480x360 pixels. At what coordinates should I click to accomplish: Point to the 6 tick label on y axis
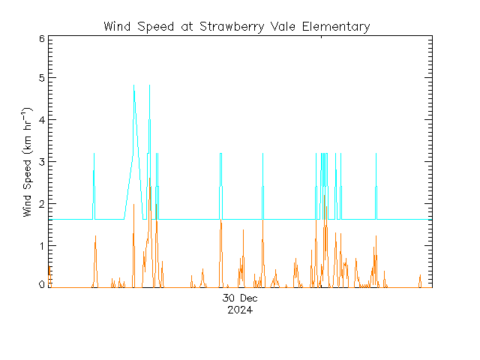[x=41, y=37]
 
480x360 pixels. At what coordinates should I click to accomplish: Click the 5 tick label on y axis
[x=41, y=78]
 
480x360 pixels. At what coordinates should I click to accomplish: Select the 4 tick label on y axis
[x=41, y=120]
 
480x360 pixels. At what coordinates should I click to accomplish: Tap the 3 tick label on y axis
[x=41, y=162]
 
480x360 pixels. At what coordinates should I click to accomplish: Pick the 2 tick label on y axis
[x=41, y=204]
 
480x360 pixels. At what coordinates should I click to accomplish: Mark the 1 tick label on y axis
[x=41, y=246]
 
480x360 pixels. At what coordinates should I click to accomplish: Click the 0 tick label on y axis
[x=41, y=286]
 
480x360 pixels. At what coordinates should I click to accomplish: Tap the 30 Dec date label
[x=240, y=299]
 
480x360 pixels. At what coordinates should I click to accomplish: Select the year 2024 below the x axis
[x=240, y=310]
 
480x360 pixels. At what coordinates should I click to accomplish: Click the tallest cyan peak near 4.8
[x=133, y=86]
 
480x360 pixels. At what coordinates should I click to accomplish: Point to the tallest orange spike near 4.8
[x=149, y=86]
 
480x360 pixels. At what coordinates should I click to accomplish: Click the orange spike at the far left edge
[x=49, y=271]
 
